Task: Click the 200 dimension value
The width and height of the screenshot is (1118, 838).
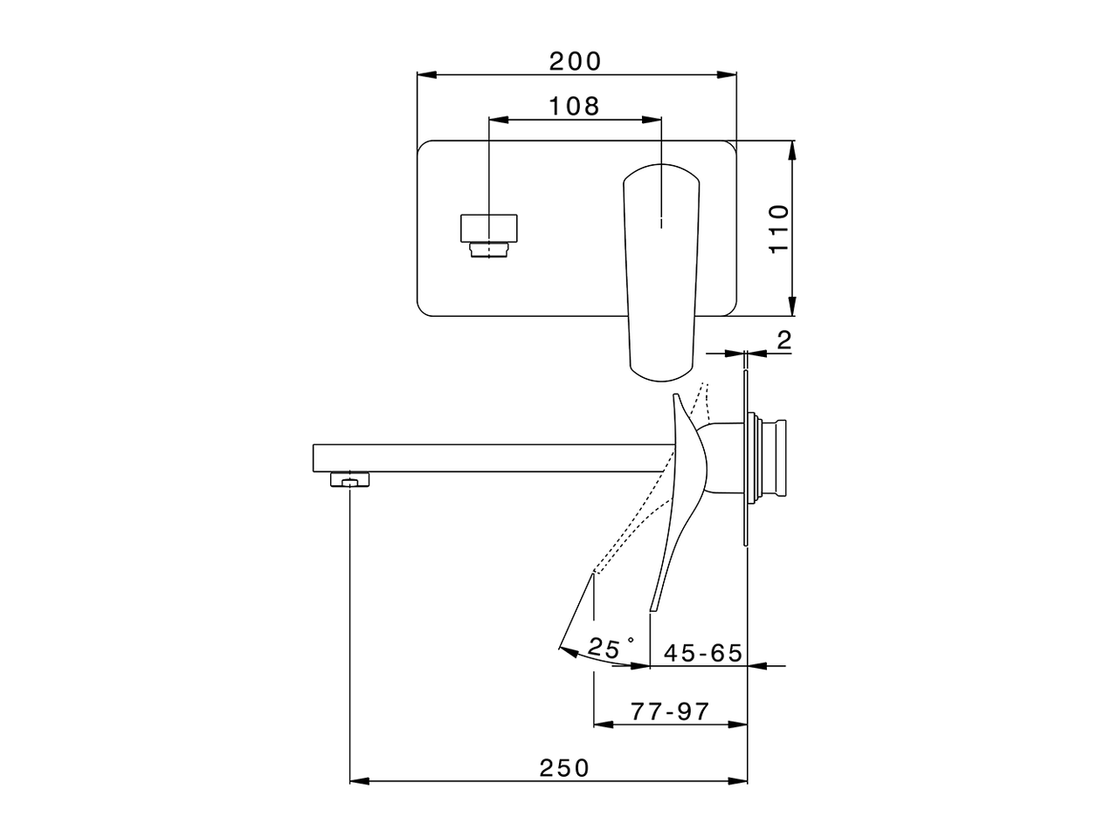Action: pos(575,61)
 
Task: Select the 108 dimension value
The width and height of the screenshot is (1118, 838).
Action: pos(574,106)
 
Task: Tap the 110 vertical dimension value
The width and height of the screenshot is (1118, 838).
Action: pos(778,228)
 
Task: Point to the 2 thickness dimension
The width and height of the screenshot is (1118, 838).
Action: pos(783,340)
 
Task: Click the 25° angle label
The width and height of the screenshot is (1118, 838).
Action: pos(611,648)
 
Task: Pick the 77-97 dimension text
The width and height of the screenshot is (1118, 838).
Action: pos(670,711)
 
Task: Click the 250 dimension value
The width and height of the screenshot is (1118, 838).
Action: pos(564,768)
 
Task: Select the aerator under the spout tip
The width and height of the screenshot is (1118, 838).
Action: pos(350,479)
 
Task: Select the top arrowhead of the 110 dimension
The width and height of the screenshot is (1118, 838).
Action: pos(792,149)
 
